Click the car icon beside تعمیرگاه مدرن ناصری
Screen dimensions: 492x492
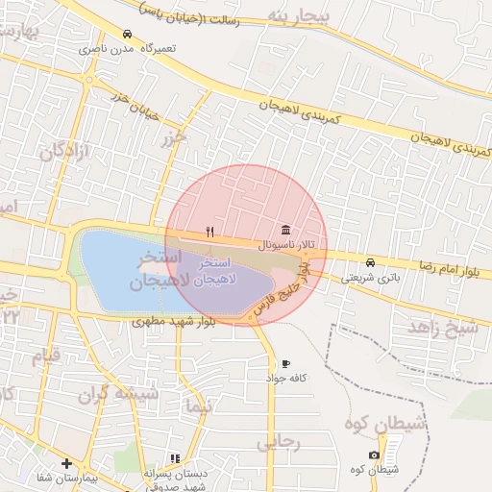click(x=128, y=34)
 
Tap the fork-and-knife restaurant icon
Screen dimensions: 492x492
click(x=209, y=232)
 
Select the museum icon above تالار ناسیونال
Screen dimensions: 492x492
click(x=285, y=231)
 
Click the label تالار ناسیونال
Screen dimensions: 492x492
click(x=284, y=246)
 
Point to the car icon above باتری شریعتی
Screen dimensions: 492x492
click(x=371, y=262)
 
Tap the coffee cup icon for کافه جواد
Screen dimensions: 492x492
click(x=285, y=363)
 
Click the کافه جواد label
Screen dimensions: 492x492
click(x=286, y=379)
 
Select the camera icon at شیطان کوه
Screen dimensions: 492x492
click(x=374, y=455)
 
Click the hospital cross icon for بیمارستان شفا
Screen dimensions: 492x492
click(x=66, y=463)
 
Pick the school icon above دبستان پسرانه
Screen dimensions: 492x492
click(x=175, y=459)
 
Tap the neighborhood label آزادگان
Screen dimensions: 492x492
click(x=65, y=151)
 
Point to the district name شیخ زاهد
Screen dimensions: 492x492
click(x=443, y=328)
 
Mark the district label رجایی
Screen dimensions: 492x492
click(x=281, y=443)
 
